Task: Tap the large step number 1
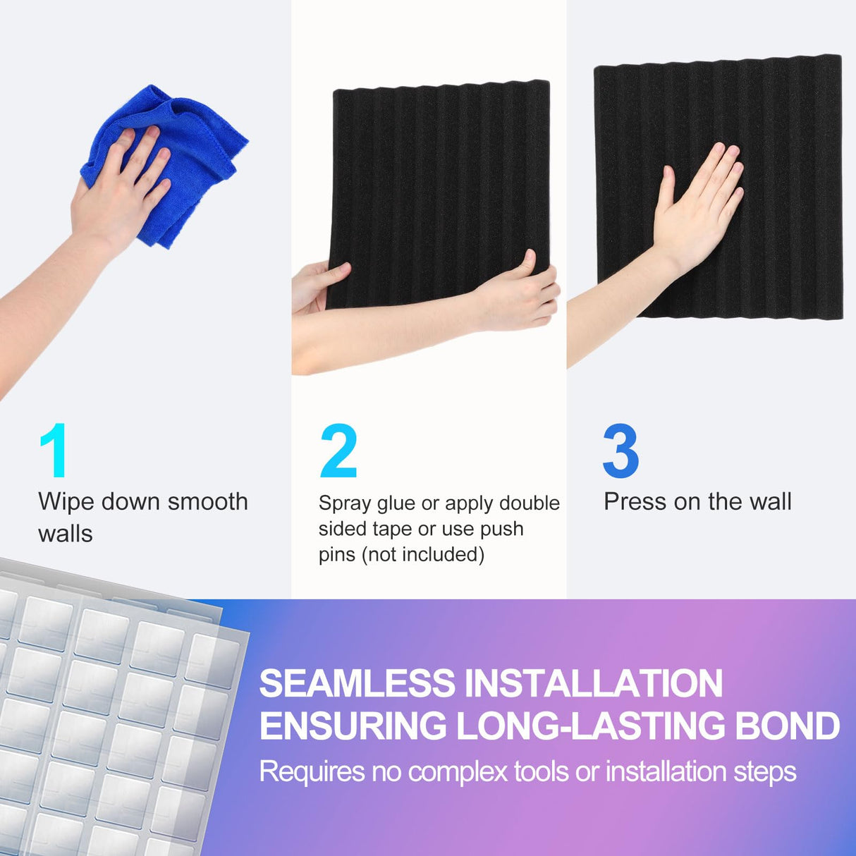[x=54, y=451]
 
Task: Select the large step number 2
[x=338, y=451]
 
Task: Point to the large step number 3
[x=620, y=451]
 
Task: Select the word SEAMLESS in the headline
[x=357, y=683]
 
